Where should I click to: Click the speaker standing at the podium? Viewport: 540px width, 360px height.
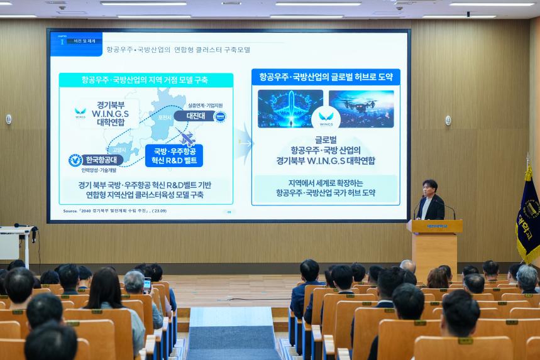coord(431,201)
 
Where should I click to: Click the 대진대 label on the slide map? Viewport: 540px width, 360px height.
coord(195,116)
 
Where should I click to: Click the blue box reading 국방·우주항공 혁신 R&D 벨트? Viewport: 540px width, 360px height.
coord(174,156)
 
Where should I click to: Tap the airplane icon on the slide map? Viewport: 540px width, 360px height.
coord(187,138)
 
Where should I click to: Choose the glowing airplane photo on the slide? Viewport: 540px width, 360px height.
coord(290,107)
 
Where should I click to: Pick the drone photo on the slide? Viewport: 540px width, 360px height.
coord(362,107)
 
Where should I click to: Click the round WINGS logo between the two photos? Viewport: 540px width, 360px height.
coord(326,117)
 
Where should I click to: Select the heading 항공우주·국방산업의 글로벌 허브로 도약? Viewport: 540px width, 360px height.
coord(325,77)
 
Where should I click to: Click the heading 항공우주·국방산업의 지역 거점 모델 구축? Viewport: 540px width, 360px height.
coord(145,80)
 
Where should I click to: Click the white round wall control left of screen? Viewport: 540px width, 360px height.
coord(9,119)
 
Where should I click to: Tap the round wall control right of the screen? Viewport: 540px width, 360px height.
coord(448,120)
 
